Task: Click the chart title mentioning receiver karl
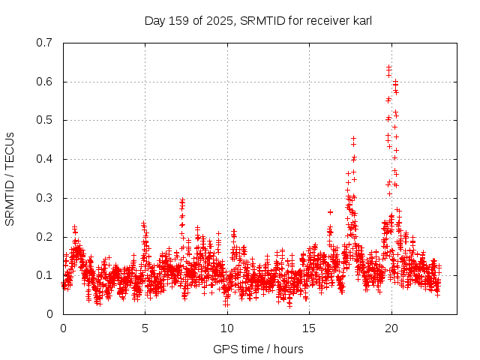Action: coord(258,20)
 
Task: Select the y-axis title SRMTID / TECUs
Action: coord(10,178)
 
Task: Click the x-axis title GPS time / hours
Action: coord(258,349)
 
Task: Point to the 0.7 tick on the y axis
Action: coord(46,43)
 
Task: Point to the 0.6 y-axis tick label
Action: coord(46,82)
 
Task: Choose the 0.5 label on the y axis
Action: coord(46,120)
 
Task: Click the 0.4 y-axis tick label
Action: coord(46,159)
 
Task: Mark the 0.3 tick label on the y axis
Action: coord(46,198)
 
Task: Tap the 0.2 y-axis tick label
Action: coord(46,237)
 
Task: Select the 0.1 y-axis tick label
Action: coord(46,275)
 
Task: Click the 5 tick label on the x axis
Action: coord(145,328)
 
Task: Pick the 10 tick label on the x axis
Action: coord(226,328)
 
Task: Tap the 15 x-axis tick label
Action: coord(309,328)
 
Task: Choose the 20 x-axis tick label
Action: coord(391,328)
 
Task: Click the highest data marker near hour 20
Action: coord(388,67)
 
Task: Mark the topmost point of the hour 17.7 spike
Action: coord(353,138)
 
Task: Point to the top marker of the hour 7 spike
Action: coord(182,200)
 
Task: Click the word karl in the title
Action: coord(361,20)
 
